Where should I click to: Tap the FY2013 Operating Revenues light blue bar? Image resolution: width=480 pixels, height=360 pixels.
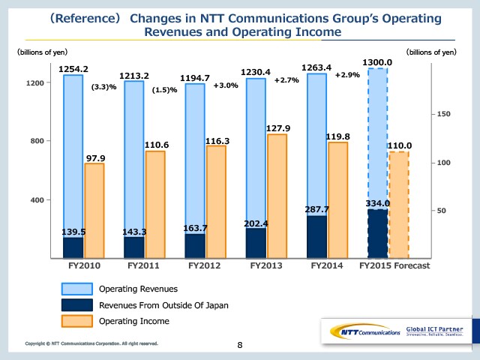click(x=256, y=150)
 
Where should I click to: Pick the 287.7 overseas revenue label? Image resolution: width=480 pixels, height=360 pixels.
click(x=316, y=209)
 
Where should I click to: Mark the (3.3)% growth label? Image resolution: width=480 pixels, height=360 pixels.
click(x=103, y=87)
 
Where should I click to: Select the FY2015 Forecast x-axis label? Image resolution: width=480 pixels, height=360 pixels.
click(x=394, y=265)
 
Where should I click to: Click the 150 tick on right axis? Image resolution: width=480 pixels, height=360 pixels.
click(x=444, y=114)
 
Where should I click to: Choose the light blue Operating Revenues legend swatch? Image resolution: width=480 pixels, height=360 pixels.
click(x=76, y=288)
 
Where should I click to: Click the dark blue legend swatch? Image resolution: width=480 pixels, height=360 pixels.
click(x=76, y=304)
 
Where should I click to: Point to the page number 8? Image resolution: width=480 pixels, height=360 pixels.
click(x=240, y=346)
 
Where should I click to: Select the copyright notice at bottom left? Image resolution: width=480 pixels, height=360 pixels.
click(x=91, y=343)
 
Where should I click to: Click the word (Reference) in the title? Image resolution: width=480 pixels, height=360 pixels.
click(x=79, y=16)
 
